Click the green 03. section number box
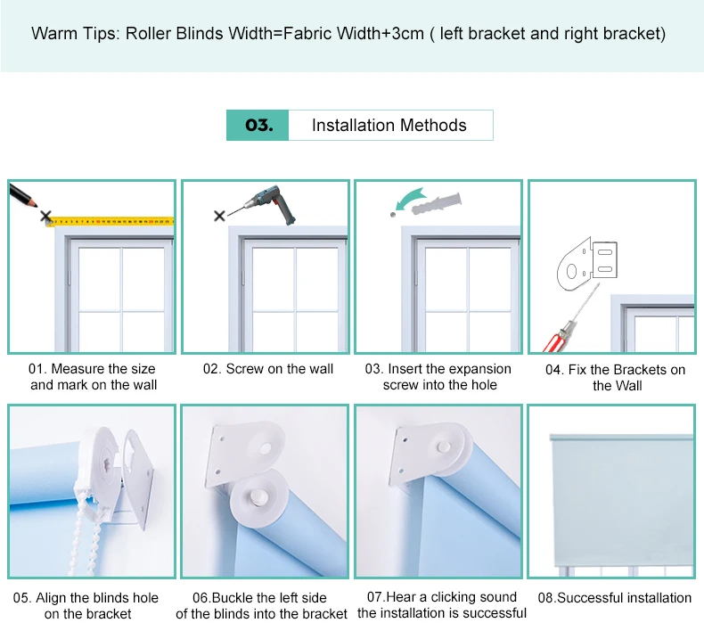coord(258,126)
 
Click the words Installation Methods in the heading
coord(389,126)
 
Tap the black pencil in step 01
coord(23,196)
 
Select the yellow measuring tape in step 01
coord(111,221)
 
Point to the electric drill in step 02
coord(270,203)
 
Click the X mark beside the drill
coord(219,216)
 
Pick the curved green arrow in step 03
coord(410,199)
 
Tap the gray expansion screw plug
coord(437,204)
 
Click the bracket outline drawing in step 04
coord(587,264)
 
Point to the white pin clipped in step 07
coord(444,447)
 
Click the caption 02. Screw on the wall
coord(268,369)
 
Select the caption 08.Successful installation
coord(615,598)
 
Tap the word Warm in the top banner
coord(54,34)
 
